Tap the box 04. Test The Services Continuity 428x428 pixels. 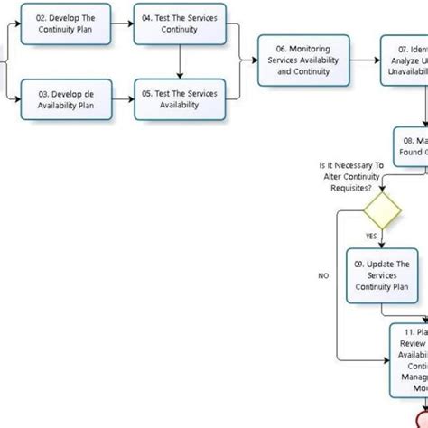(179, 24)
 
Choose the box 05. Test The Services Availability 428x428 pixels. (179, 99)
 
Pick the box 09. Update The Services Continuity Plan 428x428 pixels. (381, 274)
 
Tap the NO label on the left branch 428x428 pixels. (323, 276)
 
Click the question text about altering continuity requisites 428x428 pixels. (352, 201)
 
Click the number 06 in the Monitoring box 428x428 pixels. (282, 48)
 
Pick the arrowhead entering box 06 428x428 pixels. (254, 60)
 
